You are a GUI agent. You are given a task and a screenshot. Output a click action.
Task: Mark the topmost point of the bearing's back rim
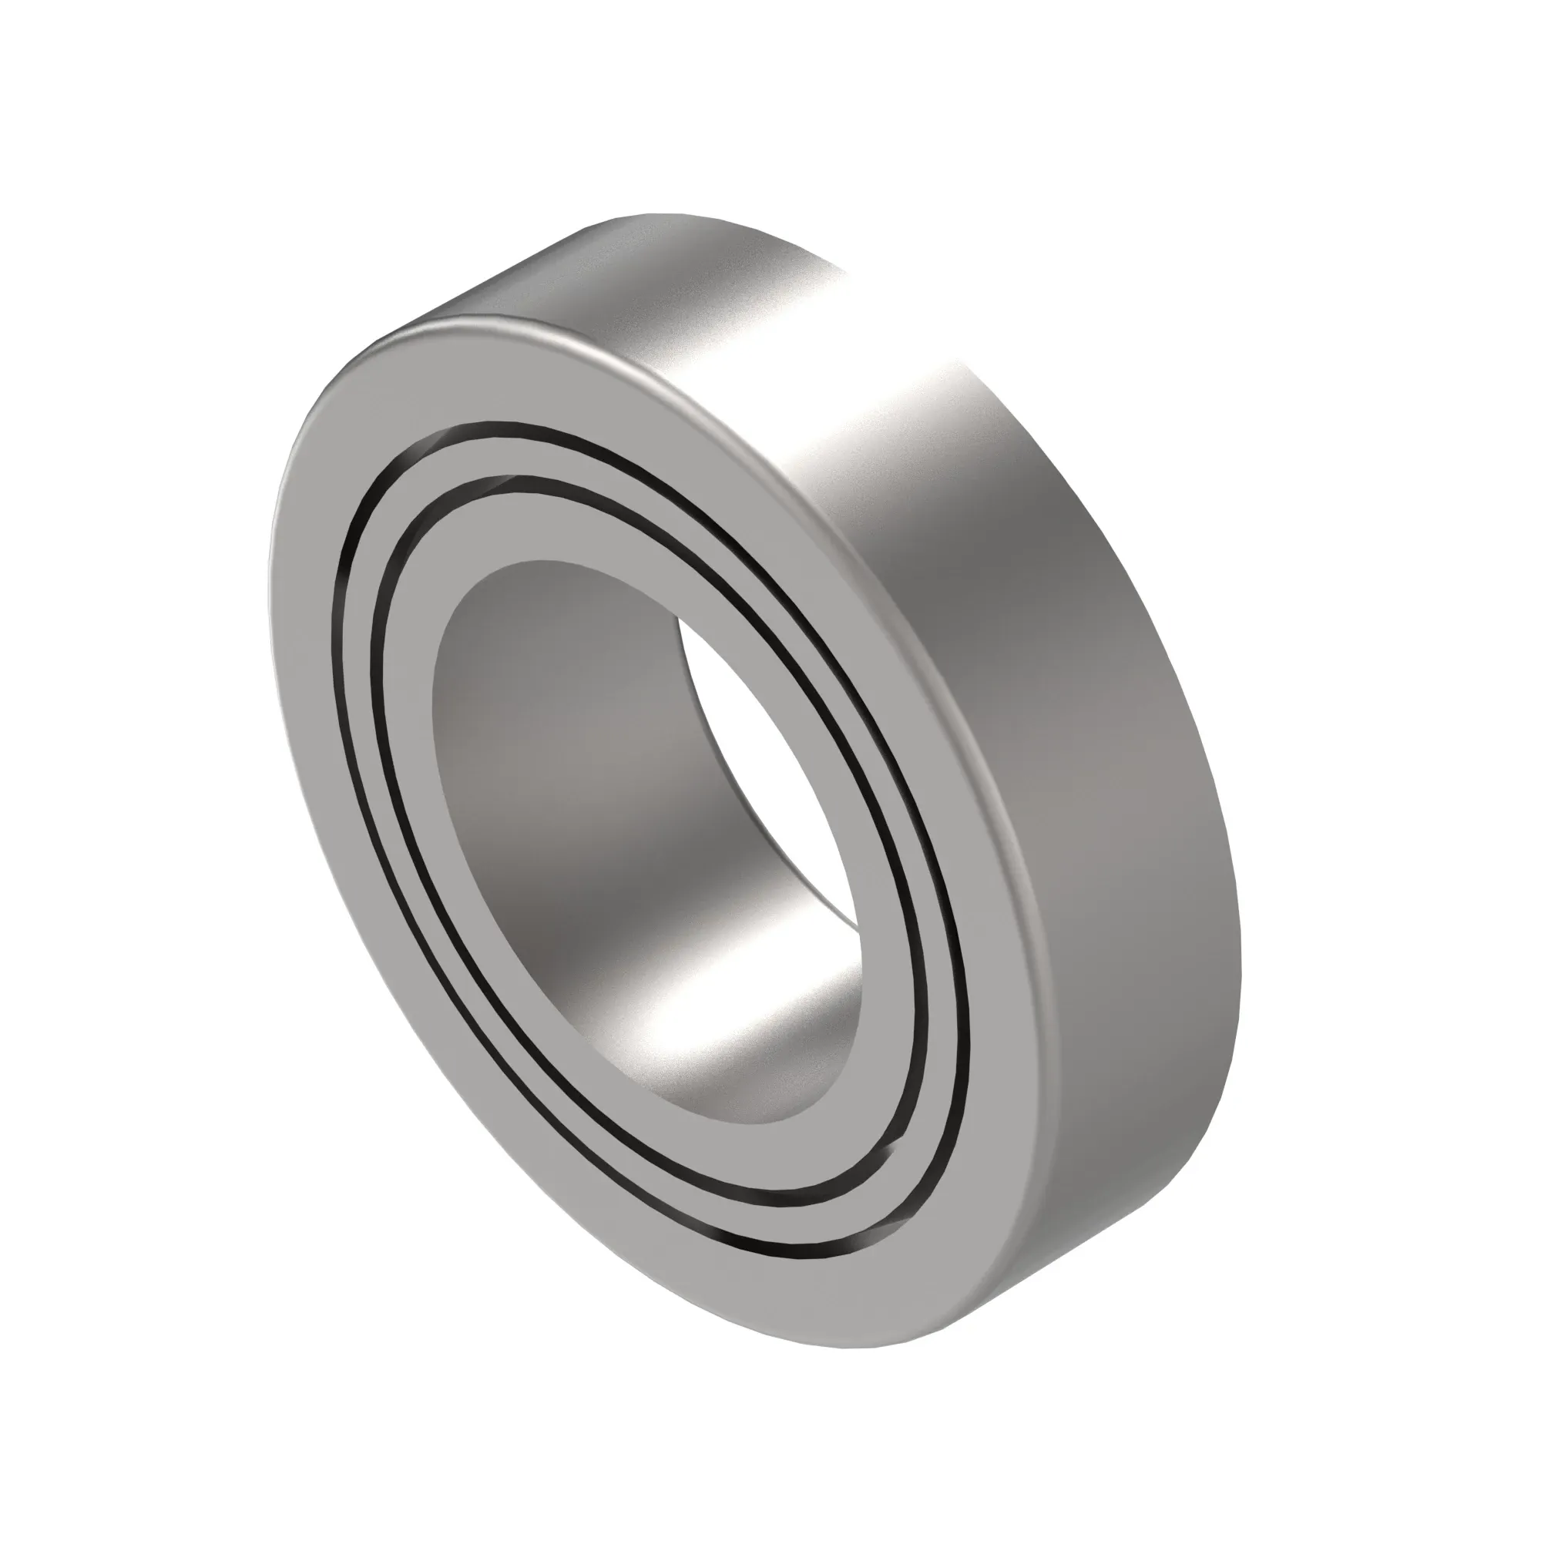pyautogui.click(x=654, y=213)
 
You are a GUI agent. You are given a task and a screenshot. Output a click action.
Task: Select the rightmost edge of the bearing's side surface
pyautogui.click(x=1241, y=917)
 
